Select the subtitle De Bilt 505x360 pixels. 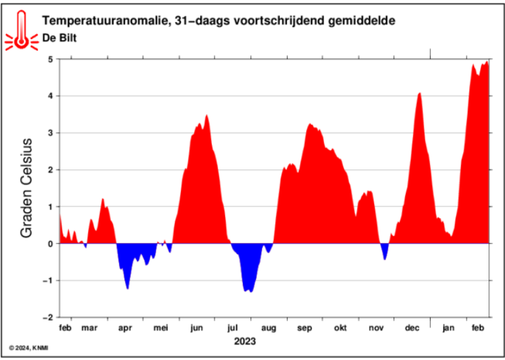click(58, 39)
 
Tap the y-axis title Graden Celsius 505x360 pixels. click(28, 188)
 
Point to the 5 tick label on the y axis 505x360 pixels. click(50, 59)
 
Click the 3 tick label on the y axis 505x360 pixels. click(50, 133)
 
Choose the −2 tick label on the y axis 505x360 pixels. click(47, 317)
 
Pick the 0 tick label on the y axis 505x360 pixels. click(50, 244)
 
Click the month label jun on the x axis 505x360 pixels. click(197, 328)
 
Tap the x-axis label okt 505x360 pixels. click(341, 328)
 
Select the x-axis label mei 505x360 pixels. click(160, 328)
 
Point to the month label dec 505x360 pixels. click(412, 328)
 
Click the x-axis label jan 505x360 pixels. click(449, 328)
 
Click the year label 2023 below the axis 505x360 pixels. click(245, 341)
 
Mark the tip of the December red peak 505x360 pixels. click(419, 93)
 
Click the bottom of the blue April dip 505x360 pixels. click(127, 288)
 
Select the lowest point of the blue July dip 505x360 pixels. click(250, 291)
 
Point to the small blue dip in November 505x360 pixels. click(385, 258)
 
